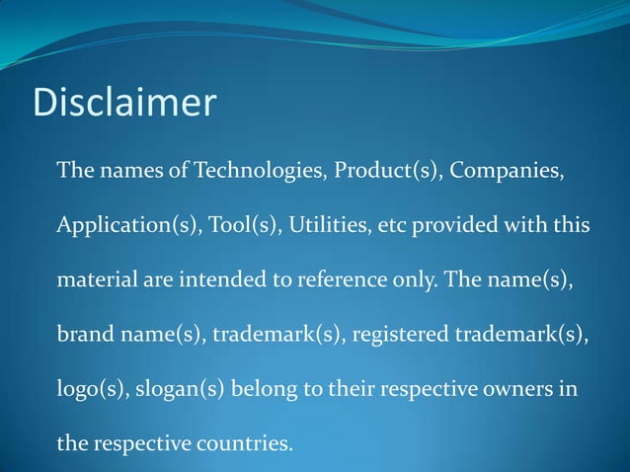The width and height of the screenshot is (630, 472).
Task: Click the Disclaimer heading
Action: tap(124, 102)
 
